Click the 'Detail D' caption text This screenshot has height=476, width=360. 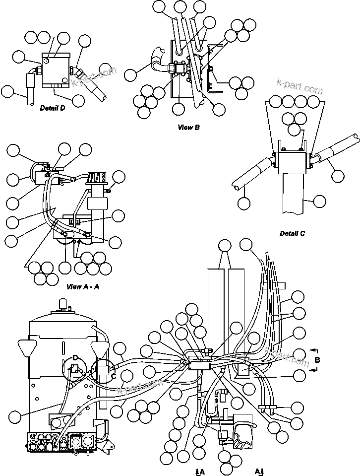[x=53, y=108]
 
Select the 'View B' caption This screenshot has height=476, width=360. [x=188, y=128]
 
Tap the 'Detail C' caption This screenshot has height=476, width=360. [x=292, y=233]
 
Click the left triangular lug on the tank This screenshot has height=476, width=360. [x=26, y=346]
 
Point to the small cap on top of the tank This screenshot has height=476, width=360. [x=63, y=303]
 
